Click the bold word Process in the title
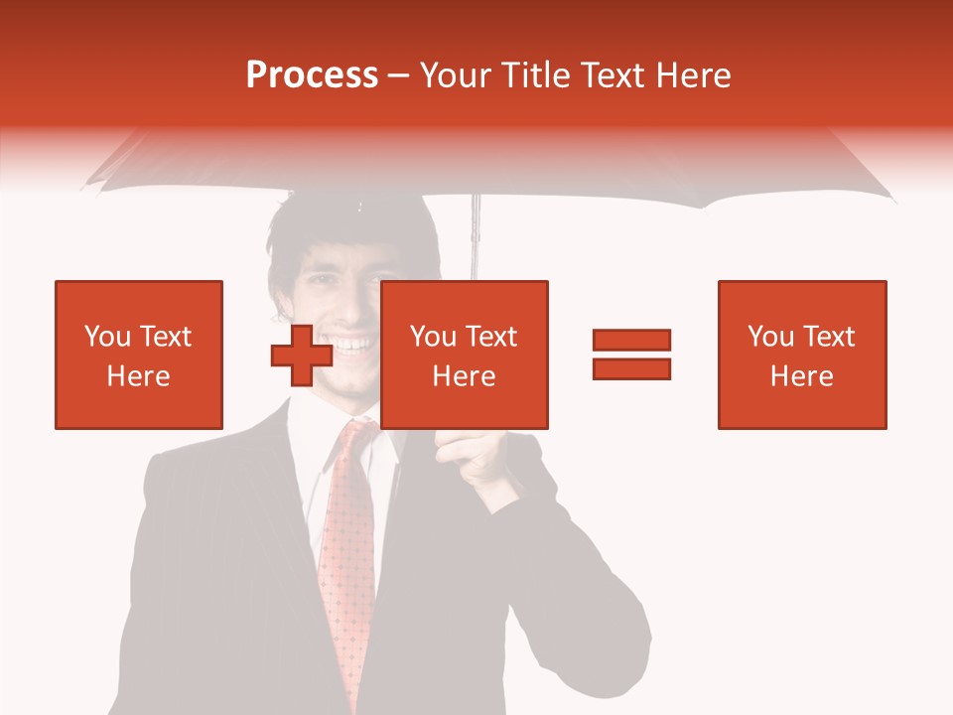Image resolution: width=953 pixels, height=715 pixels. (312, 74)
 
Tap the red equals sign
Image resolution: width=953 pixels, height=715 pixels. (631, 355)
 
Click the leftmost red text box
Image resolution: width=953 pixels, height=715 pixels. (139, 355)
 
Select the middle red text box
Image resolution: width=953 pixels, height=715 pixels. (464, 355)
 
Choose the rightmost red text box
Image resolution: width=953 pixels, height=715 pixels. (801, 355)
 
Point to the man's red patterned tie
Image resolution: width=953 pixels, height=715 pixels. (346, 556)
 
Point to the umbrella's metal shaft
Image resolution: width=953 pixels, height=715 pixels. (476, 238)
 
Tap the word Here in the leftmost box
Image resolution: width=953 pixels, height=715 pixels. (139, 376)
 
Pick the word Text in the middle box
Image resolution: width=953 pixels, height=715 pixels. (491, 337)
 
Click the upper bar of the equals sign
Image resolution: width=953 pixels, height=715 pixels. (631, 341)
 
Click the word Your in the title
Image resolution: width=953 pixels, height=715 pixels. (456, 74)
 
